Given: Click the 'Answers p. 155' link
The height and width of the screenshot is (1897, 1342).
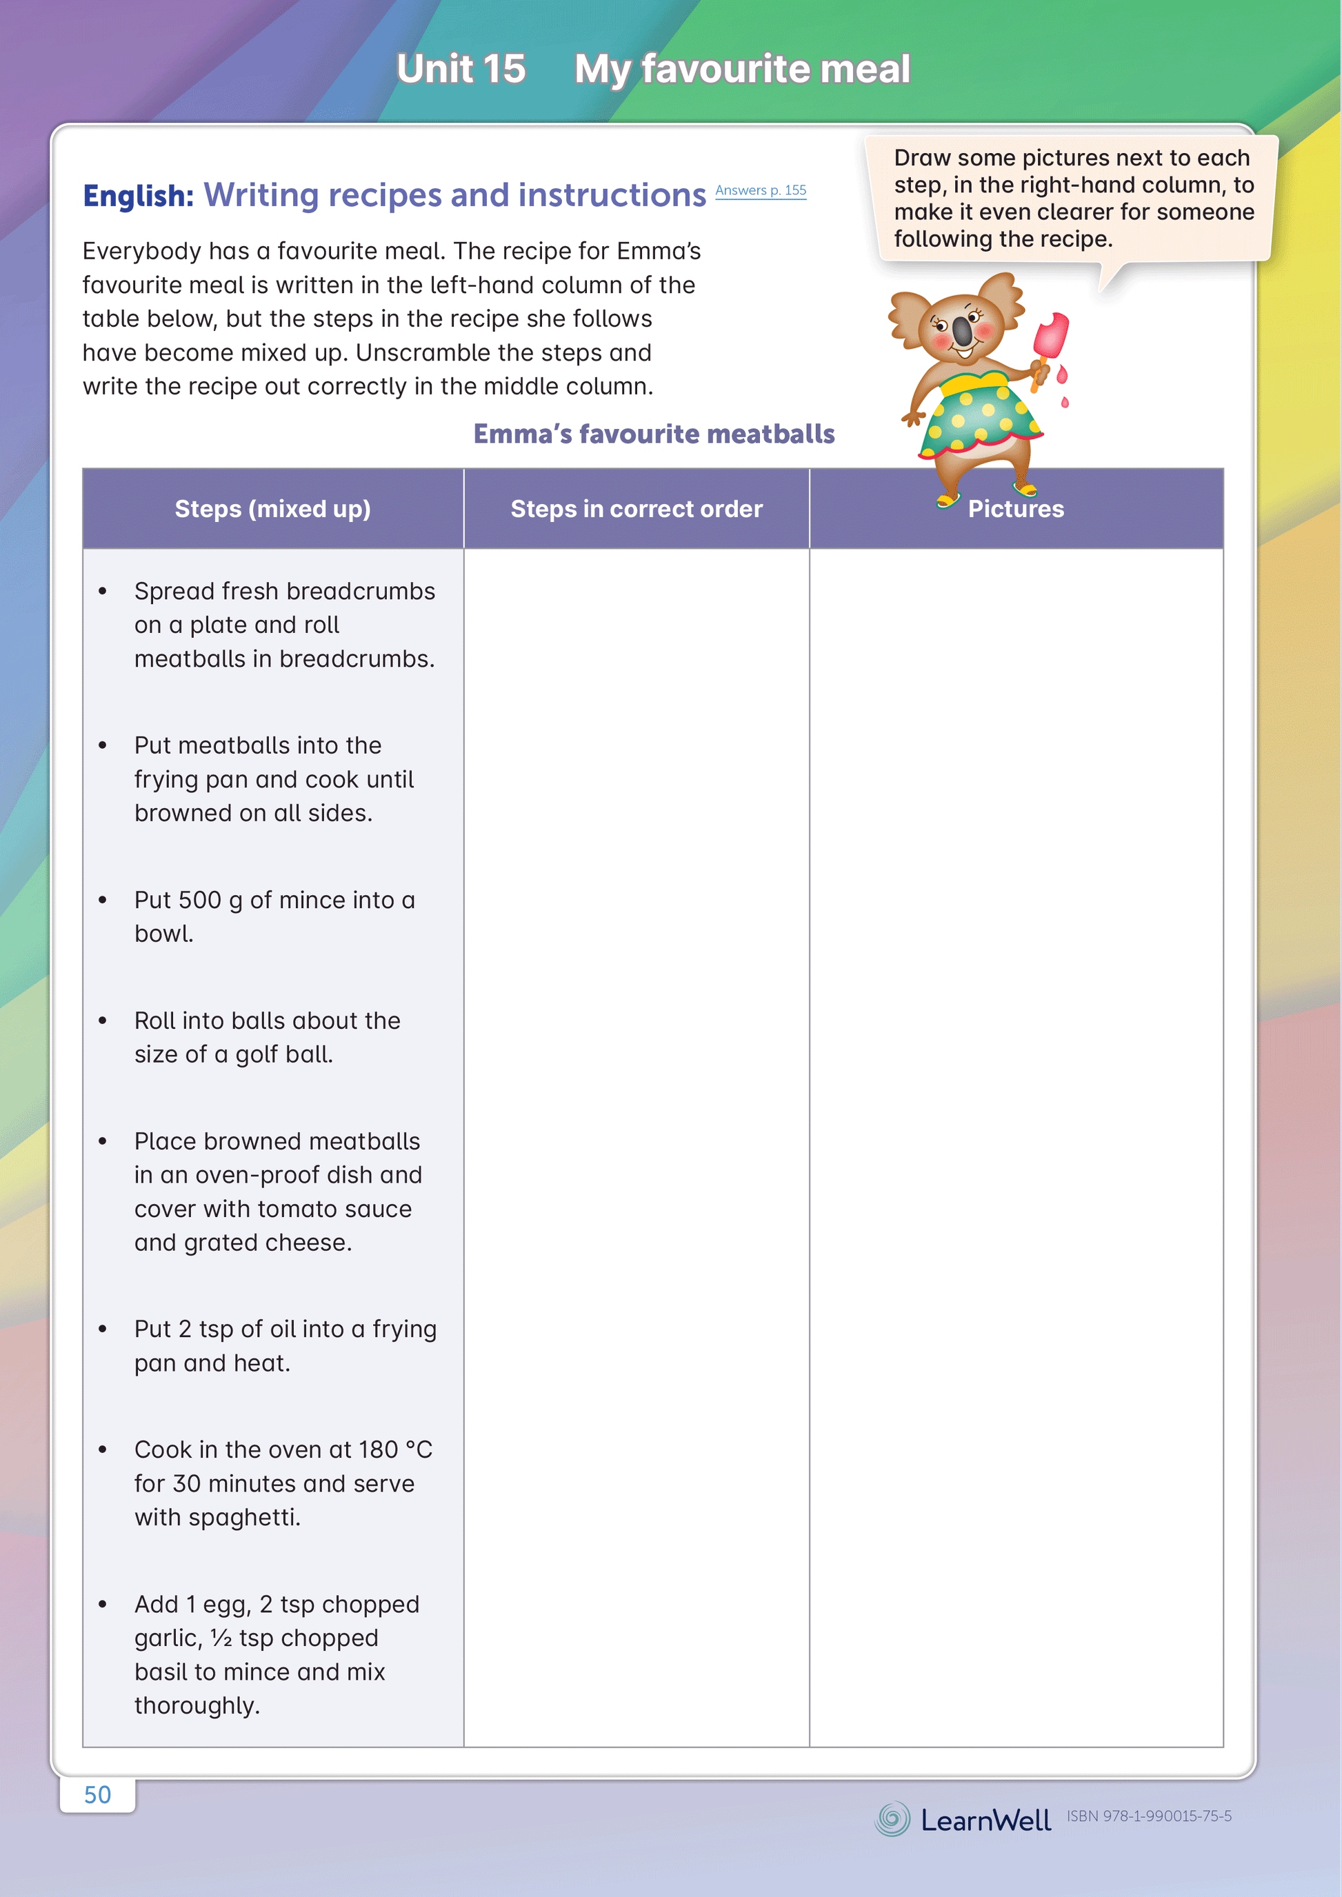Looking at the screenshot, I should coord(760,191).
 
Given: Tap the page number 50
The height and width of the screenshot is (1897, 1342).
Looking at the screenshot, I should coord(97,1794).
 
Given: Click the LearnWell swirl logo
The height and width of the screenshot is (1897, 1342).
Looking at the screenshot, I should coord(892,1818).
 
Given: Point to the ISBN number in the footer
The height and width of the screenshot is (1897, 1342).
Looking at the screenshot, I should coord(1149,1816).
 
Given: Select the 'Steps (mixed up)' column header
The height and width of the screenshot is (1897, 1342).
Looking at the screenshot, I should coord(272,509).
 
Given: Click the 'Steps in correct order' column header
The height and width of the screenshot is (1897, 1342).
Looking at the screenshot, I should coord(637,509).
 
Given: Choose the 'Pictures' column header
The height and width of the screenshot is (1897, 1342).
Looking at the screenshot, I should coord(1016,509).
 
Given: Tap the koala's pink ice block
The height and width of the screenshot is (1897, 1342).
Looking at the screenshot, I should coord(1051,338).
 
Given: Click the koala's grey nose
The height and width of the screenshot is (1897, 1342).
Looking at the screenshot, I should coord(963,330).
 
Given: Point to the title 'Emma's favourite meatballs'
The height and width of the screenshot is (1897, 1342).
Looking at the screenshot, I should coord(654,434).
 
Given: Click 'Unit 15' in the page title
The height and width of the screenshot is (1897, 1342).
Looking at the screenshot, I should coord(460,68).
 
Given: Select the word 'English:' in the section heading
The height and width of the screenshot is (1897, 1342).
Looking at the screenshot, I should coord(138,196).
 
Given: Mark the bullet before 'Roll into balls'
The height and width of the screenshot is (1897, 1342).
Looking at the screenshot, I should coord(103,1021).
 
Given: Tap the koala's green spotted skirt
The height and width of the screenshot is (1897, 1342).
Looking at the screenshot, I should coord(981,417).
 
